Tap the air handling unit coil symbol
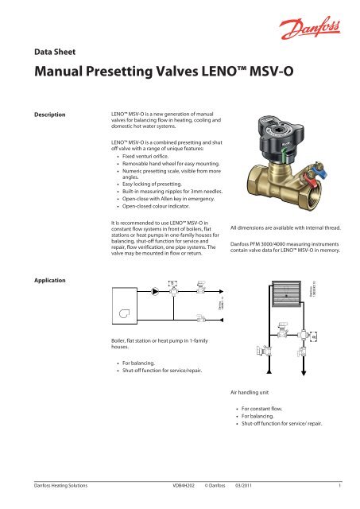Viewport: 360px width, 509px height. pyautogui.click(x=278, y=290)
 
